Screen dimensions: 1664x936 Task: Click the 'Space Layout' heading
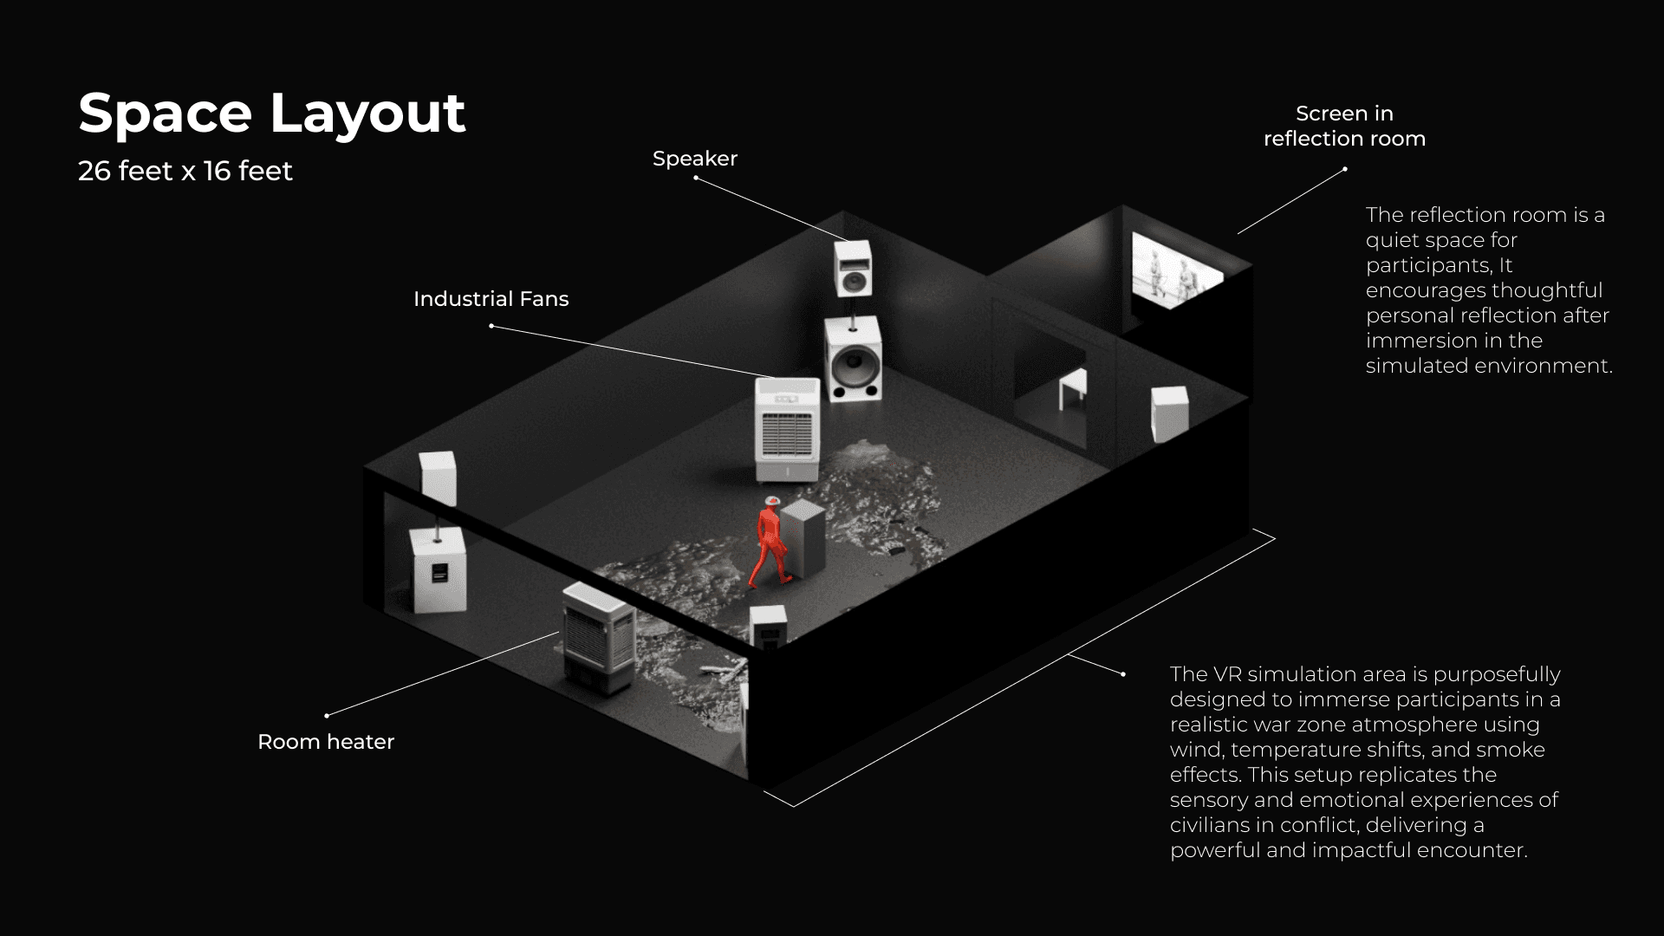point(271,114)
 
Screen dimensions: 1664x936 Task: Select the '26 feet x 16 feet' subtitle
point(185,171)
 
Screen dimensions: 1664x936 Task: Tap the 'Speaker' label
point(694,159)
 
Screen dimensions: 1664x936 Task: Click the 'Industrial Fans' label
point(491,299)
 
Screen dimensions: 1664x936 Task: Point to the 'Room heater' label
point(325,742)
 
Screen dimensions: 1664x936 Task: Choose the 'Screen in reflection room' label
point(1343,126)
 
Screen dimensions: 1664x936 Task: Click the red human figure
point(767,543)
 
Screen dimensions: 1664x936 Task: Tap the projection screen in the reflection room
point(1175,269)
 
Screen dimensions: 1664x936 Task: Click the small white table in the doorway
point(1072,390)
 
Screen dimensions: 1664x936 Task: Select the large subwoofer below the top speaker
point(853,360)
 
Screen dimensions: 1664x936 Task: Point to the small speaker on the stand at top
point(853,270)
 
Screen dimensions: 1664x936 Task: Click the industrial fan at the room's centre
point(786,429)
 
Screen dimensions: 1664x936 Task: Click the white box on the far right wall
point(1168,413)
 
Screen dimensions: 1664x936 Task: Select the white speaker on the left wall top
point(438,478)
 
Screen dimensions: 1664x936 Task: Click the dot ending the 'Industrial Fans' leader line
point(491,326)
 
